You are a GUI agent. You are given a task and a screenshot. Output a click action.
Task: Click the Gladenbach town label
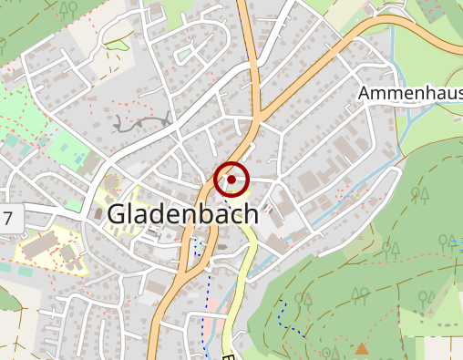[x=183, y=213]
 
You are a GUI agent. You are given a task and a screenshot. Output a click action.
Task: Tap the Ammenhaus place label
[x=410, y=93]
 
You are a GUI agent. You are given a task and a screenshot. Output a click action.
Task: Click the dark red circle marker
[x=232, y=180]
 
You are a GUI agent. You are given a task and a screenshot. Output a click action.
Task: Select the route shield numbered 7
[x=8, y=219]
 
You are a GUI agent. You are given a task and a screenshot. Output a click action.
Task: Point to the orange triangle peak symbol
[x=362, y=348]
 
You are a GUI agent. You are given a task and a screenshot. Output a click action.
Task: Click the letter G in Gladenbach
[x=118, y=213]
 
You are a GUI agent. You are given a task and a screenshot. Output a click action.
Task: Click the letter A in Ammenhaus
[x=365, y=93]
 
